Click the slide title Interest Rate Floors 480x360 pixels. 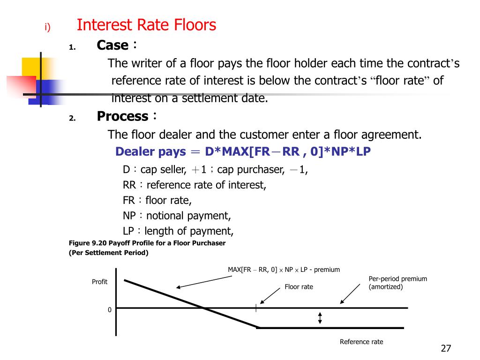pos(146,24)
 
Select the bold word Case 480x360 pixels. pos(112,45)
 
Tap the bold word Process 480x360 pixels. pos(122,116)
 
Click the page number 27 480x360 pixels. pos(446,348)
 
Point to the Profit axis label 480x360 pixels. pos(99,282)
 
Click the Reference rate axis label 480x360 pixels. pos(361,342)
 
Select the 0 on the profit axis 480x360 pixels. pos(110,310)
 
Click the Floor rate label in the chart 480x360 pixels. pos(299,287)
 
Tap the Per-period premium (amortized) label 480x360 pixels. pos(397,283)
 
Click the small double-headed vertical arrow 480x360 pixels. pos(320,318)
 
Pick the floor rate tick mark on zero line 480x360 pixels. pos(256,308)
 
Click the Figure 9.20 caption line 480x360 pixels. pos(147,243)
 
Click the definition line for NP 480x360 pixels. pos(177,216)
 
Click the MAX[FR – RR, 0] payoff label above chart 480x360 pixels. pos(284,270)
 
